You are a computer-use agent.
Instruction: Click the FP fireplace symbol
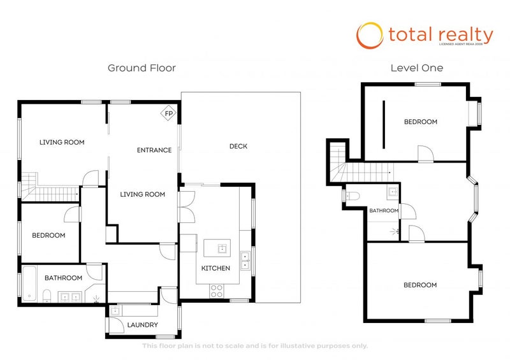tap(169, 113)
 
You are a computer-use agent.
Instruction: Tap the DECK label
tap(238, 147)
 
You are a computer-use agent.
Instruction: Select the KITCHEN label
tap(215, 268)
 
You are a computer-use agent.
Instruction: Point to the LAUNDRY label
tap(142, 325)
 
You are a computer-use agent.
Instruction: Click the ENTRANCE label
tap(154, 150)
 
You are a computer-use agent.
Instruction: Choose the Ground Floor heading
tap(142, 68)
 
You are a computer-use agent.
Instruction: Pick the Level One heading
tap(417, 68)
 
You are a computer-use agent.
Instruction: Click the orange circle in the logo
tap(369, 36)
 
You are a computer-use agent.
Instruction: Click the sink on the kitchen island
tap(221, 248)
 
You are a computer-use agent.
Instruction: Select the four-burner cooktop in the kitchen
tap(217, 291)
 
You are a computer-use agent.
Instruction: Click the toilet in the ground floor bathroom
tap(47, 295)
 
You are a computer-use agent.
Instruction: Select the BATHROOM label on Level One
tap(384, 210)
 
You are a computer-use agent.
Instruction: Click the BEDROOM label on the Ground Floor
tap(48, 235)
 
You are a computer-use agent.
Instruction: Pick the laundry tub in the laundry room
tap(115, 312)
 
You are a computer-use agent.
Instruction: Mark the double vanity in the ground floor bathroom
tap(69, 296)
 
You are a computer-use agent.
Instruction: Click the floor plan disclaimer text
tap(255, 346)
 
